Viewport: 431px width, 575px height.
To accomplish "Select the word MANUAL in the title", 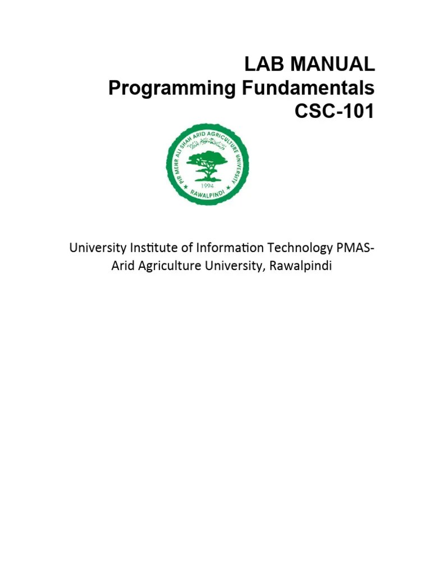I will [x=329, y=65].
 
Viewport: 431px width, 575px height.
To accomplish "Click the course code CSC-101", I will [x=334, y=112].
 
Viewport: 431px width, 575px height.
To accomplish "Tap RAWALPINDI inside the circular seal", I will [x=208, y=197].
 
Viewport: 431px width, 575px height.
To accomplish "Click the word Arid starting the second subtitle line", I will [x=122, y=266].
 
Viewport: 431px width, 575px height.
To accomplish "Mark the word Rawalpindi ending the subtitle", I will [x=301, y=266].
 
